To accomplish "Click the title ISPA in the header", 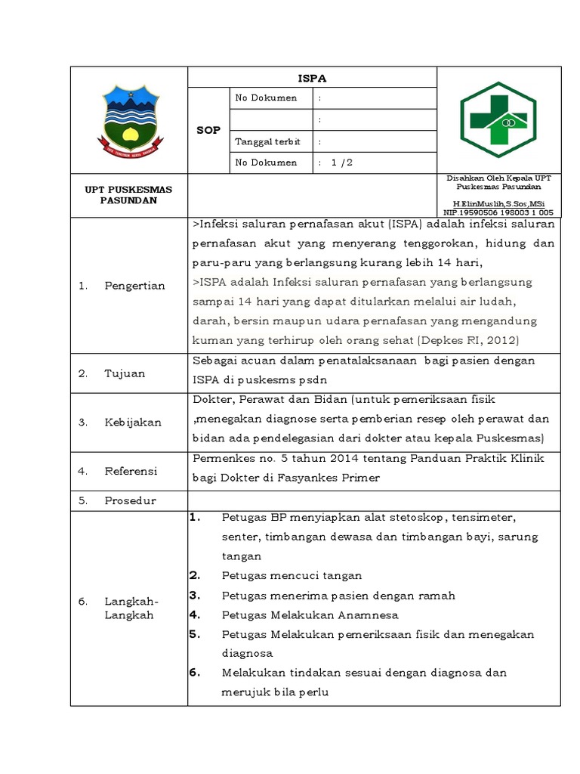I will tap(312, 78).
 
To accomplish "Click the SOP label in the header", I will tap(208, 130).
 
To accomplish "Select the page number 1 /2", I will tap(342, 163).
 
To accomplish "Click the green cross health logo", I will tap(499, 119).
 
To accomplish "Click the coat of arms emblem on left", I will tap(128, 119).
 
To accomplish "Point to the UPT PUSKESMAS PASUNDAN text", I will tap(128, 195).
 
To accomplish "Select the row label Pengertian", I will tap(134, 286).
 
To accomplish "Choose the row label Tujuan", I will tap(125, 373).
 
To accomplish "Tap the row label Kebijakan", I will tap(133, 423).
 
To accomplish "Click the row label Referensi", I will tap(131, 471).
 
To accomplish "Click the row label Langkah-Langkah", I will tap(129, 608).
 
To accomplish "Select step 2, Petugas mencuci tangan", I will tap(292, 576).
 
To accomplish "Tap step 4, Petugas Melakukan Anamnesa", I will tap(310, 615).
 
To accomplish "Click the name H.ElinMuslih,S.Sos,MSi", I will tap(498, 205).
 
